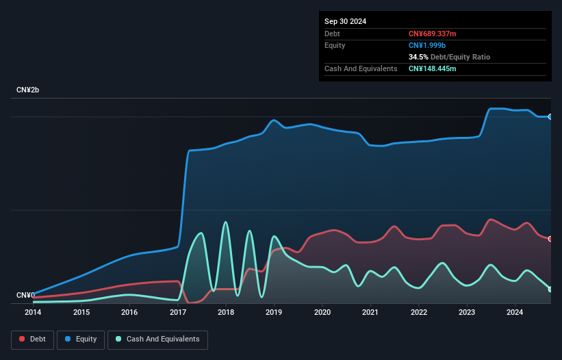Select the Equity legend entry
click(80, 339)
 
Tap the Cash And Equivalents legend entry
click(157, 339)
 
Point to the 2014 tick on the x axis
click(33, 313)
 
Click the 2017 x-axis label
click(178, 313)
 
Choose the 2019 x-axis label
click(274, 313)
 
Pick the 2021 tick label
click(370, 313)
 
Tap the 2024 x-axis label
click(515, 313)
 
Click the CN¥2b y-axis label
click(28, 90)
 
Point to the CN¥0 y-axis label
click(25, 296)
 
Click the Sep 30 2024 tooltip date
click(345, 21)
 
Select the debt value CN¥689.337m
click(433, 34)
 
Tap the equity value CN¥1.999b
click(427, 45)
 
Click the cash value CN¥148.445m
click(433, 68)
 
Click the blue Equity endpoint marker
click(550, 117)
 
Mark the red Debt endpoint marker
click(550, 239)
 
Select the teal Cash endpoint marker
click(550, 289)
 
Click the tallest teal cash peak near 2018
click(225, 222)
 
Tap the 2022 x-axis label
click(418, 313)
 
